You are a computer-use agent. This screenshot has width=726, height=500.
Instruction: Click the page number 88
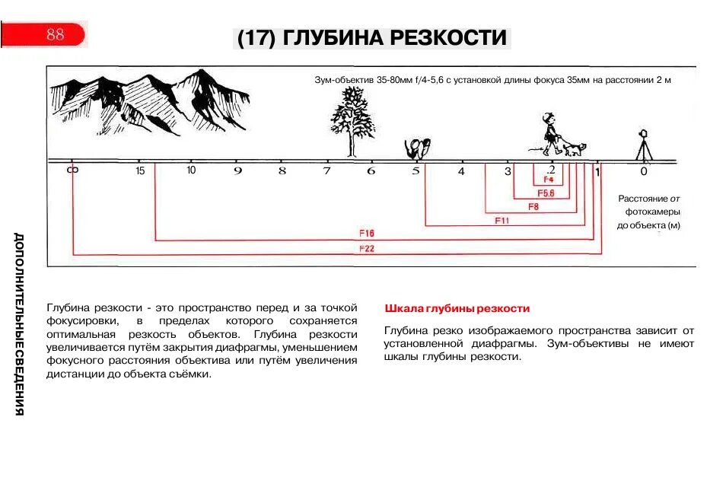point(55,34)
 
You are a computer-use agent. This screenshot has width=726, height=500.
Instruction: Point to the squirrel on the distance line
point(417,147)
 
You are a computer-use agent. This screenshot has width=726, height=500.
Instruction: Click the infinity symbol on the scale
point(72,170)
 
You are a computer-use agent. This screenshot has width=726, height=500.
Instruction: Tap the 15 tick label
point(140,170)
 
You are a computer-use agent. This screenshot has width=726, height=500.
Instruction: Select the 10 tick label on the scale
point(191,170)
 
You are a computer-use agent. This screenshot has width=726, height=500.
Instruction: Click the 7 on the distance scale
point(327,170)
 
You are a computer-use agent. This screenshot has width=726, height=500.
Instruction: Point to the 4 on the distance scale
point(460,171)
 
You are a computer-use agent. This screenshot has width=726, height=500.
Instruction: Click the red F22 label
point(366,249)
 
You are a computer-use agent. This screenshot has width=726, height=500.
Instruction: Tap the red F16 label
point(366,233)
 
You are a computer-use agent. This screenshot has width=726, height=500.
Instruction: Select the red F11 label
point(502,220)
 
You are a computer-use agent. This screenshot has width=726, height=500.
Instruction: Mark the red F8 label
point(533,206)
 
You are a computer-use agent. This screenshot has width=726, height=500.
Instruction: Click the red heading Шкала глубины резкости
point(457,309)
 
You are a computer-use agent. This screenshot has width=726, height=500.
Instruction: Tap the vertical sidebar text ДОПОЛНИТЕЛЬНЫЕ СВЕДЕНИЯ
point(19,323)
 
